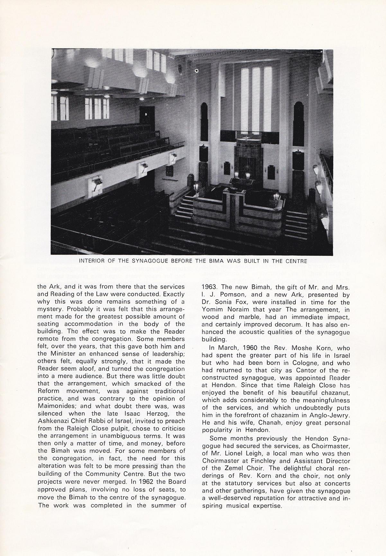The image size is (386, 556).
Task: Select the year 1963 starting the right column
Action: click(x=209, y=286)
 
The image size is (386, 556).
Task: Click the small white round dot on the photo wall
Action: click(x=197, y=70)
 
